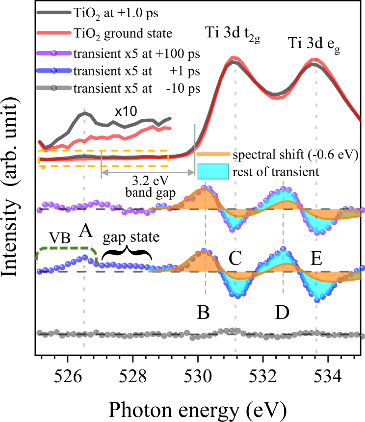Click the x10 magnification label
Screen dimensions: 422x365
pyautogui.click(x=126, y=111)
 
